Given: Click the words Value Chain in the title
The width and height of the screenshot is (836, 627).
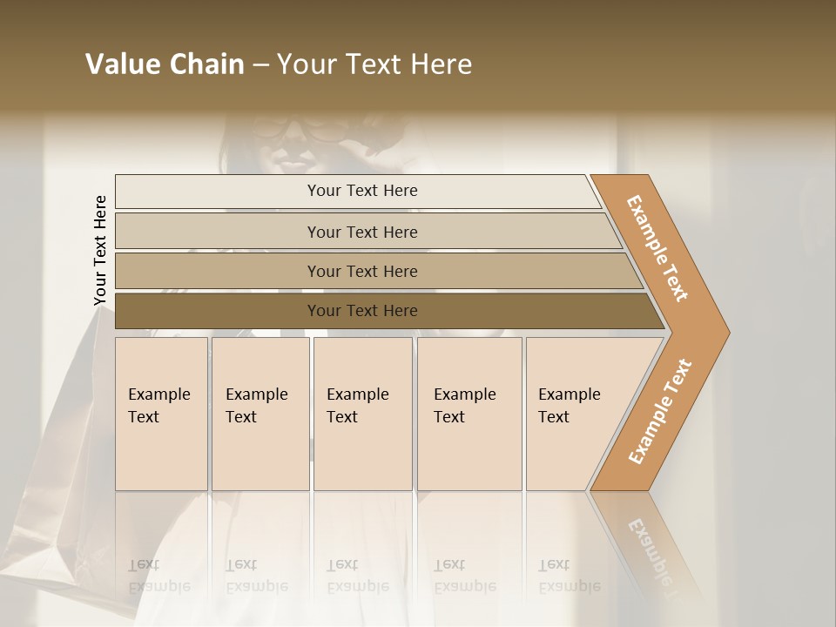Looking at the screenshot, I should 165,64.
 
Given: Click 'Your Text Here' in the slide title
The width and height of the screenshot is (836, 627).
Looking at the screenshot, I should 374,64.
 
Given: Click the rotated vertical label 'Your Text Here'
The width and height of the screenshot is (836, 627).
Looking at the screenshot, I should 100,250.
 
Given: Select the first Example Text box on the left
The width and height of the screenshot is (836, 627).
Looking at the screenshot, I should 161,414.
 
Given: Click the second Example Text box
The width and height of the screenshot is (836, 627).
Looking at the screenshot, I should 260,414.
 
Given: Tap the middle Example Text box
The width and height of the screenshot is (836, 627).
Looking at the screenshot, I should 362,414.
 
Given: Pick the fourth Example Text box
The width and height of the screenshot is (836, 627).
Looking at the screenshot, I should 469,414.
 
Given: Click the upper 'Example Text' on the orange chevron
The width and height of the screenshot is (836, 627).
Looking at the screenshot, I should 657,247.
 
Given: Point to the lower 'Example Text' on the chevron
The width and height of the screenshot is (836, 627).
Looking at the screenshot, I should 660,412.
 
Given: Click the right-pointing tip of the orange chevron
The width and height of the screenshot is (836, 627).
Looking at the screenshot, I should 723,332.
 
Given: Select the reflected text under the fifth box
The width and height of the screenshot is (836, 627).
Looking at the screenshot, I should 569,575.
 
